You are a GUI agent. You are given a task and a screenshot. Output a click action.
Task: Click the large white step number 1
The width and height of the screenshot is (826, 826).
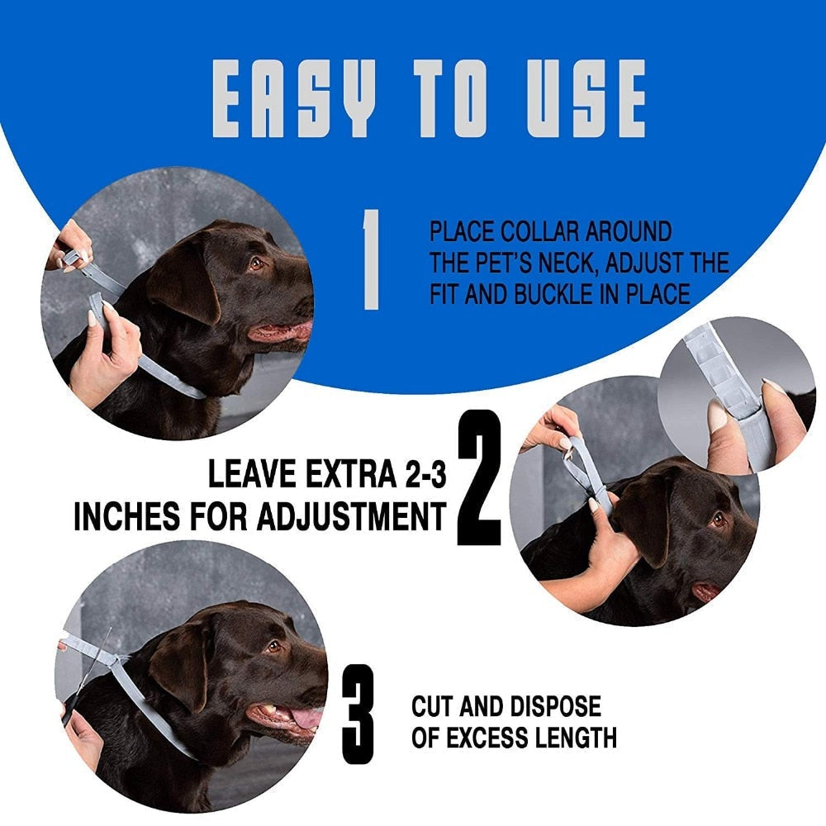371,259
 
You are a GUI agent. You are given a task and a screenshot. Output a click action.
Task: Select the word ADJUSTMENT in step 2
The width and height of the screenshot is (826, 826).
352,518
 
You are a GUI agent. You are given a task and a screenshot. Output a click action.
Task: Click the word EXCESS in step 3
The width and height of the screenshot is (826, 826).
492,737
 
